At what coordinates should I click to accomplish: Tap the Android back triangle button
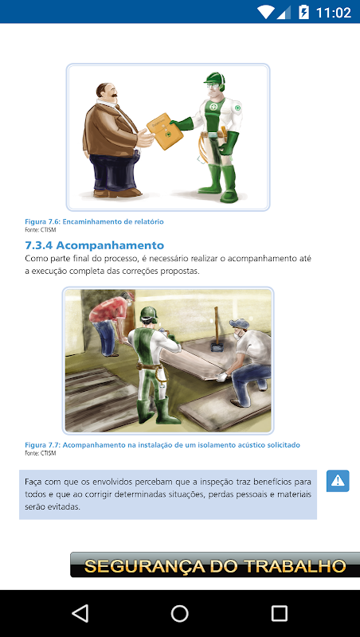80,613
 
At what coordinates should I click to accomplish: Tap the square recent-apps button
279,613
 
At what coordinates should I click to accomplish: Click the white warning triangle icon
338,481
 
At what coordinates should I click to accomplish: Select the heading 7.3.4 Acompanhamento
94,245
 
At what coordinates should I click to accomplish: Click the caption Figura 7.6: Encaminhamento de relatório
94,222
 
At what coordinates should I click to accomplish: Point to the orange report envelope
164,131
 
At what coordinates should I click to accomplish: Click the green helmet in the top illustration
214,79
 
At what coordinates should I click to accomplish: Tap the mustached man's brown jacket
110,129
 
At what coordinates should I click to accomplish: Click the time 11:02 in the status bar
333,13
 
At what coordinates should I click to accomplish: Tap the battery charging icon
303,12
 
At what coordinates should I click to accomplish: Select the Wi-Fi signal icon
265,12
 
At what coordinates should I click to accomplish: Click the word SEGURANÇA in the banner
147,566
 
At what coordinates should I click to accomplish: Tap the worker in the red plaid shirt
111,321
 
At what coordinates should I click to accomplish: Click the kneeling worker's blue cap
239,323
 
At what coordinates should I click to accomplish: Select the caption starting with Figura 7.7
162,445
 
